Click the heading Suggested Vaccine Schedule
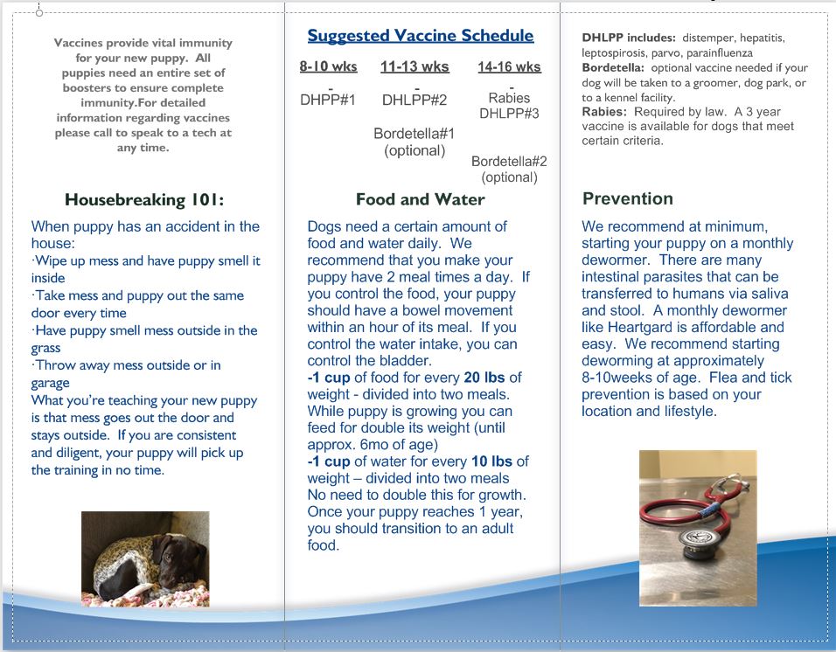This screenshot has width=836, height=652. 420,36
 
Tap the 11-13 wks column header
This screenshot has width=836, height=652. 415,66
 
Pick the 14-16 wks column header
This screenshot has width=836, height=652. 509,66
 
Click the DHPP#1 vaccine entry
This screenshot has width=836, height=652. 328,100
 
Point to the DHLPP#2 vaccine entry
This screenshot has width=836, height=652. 415,100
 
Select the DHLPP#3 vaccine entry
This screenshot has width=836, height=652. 509,114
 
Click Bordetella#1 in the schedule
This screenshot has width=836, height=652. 415,134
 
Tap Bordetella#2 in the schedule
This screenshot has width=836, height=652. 509,161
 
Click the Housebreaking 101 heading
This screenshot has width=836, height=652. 144,199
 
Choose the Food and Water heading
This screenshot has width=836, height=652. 420,199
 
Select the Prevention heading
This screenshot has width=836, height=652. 628,198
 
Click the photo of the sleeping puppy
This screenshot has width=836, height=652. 145,558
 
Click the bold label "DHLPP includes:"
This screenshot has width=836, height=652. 629,38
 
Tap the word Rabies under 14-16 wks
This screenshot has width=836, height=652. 509,98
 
